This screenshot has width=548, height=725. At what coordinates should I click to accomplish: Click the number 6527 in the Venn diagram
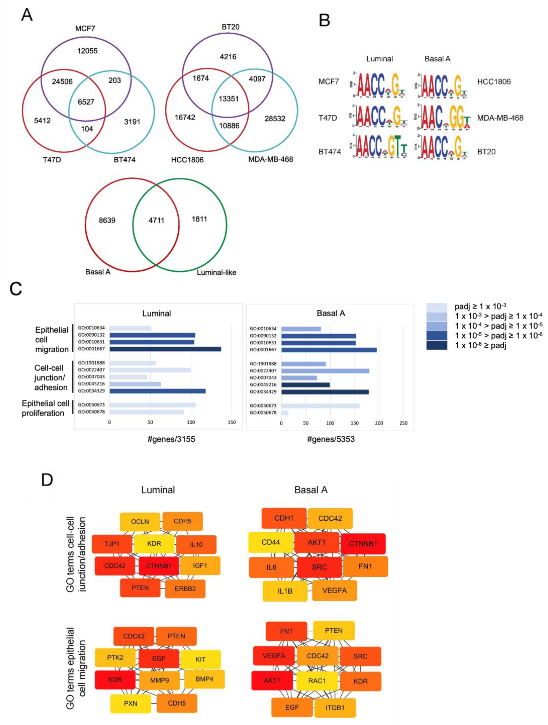[86, 102]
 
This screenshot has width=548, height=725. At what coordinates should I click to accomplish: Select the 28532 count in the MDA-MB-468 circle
[275, 119]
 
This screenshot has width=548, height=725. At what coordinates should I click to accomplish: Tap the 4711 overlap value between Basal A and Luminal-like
[156, 220]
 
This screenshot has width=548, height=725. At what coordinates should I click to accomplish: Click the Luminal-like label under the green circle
[216, 272]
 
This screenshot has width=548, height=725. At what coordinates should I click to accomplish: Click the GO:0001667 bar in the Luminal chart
[165, 349]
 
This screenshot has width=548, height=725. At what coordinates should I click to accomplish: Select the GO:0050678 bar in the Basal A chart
[285, 413]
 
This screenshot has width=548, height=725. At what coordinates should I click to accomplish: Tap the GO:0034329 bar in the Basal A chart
[325, 392]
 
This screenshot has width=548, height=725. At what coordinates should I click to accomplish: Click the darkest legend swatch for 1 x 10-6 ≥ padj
[437, 345]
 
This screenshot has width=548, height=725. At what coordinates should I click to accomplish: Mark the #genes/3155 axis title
[171, 439]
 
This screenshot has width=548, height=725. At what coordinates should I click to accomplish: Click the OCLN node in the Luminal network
[140, 521]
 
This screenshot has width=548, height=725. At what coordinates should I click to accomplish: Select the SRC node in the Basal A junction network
[319, 567]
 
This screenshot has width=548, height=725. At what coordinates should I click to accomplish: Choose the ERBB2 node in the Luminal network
[185, 589]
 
